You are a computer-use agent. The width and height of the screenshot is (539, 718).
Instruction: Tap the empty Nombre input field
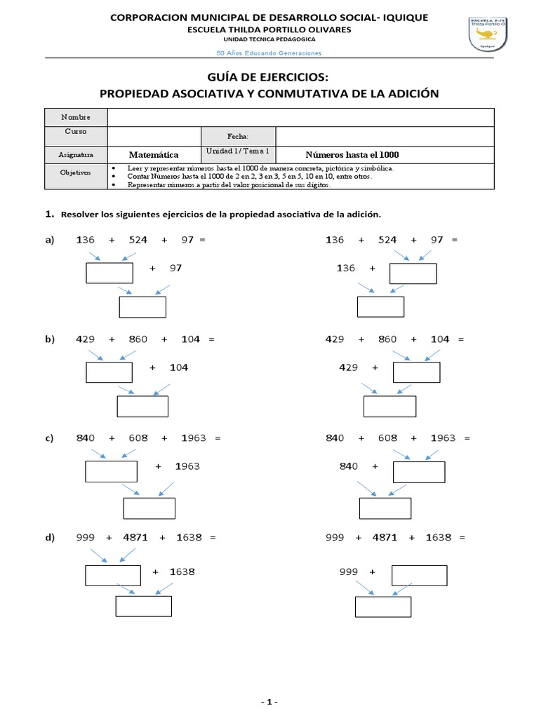(x=300, y=116)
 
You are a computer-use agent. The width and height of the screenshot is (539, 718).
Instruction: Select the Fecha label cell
(x=238, y=136)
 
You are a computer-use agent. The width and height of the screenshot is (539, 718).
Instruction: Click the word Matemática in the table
(x=154, y=154)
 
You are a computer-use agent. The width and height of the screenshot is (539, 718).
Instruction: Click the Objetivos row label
(x=76, y=172)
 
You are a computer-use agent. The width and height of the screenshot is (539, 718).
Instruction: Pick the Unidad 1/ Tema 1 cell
(x=238, y=151)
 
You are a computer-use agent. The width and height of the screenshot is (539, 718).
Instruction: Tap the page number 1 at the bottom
(x=269, y=702)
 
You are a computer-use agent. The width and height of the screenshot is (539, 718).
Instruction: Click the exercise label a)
(x=50, y=240)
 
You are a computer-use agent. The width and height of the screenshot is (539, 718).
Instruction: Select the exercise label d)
(x=50, y=537)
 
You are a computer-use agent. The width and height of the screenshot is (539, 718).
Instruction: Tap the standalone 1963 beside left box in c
(x=187, y=466)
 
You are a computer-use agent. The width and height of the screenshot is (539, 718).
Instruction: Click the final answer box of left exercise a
(x=142, y=307)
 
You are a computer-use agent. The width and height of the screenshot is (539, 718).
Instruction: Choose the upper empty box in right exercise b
(x=416, y=372)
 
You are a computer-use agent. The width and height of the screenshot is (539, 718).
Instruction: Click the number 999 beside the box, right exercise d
(x=349, y=571)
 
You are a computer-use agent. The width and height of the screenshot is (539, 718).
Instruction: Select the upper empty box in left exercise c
(x=111, y=471)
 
